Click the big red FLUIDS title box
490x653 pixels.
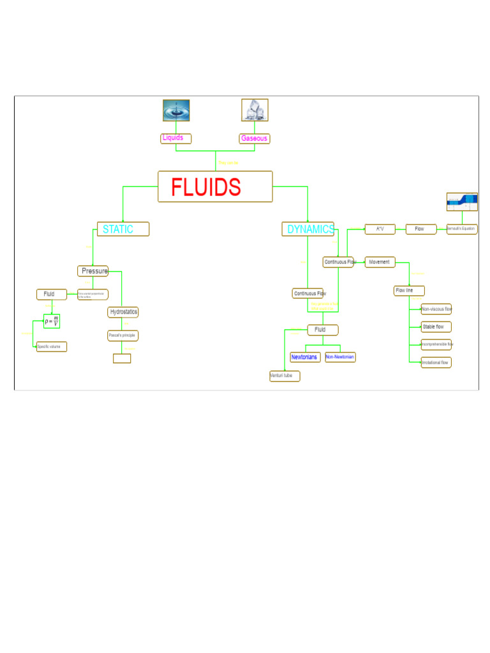[x=215, y=186]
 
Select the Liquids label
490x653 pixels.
[x=175, y=138]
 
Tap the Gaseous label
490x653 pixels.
[x=255, y=138]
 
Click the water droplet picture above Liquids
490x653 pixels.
[x=176, y=110]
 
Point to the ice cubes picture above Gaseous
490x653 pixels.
[x=255, y=110]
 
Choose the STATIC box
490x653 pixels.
[x=123, y=229]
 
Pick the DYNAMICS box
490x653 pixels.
[x=308, y=229]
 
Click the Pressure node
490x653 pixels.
[x=93, y=271]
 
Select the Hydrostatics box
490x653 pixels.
[x=123, y=312]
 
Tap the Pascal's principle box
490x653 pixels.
[x=122, y=335]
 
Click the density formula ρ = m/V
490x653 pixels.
[x=52, y=321]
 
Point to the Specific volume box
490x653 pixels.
[x=51, y=347]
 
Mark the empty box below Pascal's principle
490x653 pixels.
[x=122, y=358]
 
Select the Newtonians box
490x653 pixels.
[x=305, y=357]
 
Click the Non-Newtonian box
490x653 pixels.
[x=340, y=357]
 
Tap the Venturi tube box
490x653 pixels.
[x=285, y=376]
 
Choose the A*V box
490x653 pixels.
[x=380, y=229]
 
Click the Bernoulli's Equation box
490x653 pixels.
[x=462, y=229]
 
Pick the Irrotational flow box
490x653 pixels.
[x=436, y=362]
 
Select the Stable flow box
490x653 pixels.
[x=436, y=326]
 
